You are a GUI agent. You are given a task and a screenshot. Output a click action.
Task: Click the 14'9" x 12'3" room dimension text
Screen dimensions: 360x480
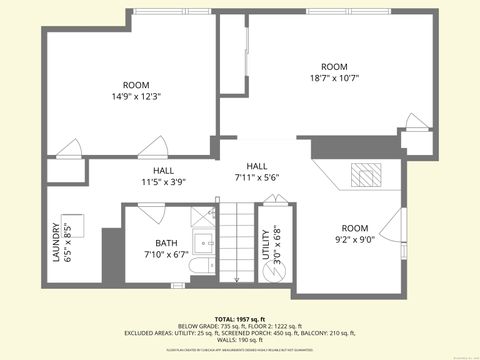click(x=136, y=98)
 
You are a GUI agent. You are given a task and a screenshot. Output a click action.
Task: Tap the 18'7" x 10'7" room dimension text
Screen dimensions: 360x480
click(x=333, y=76)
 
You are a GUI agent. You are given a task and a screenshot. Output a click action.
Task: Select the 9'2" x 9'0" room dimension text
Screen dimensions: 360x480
click(x=354, y=239)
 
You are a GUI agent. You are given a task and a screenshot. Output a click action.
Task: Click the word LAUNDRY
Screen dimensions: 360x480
click(x=56, y=242)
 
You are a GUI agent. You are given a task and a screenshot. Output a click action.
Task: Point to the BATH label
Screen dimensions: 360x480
click(x=166, y=243)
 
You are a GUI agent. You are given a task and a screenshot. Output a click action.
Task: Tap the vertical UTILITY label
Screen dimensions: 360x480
click(x=265, y=245)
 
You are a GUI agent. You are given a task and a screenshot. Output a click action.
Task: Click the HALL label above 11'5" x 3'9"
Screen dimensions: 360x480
click(x=150, y=170)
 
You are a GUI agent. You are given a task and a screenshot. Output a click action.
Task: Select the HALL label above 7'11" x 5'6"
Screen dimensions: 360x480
click(x=257, y=166)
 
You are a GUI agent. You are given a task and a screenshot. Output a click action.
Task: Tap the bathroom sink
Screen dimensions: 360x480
click(x=205, y=241)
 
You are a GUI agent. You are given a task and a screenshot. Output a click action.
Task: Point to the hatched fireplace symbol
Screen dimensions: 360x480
click(x=366, y=175)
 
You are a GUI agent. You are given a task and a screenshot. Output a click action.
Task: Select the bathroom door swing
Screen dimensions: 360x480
click(x=151, y=212)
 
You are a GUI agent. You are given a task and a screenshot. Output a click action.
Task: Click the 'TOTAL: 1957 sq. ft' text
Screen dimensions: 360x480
click(x=239, y=317)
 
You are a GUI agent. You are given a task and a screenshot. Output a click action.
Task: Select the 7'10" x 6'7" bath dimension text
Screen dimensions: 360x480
click(x=166, y=255)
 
